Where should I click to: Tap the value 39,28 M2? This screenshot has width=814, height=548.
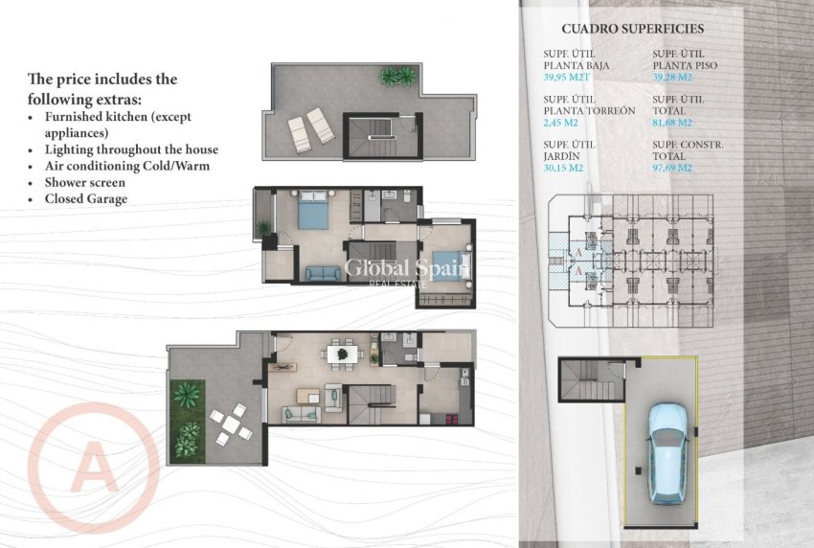pos(674,77)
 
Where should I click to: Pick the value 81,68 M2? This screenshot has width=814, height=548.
pos(672,123)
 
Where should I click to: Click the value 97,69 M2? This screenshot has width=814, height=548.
pos(672,168)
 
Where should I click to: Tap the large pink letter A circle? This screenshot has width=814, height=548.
pos(95,468)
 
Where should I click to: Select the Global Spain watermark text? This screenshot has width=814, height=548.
pos(407,269)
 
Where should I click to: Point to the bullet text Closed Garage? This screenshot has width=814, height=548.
pos(85,198)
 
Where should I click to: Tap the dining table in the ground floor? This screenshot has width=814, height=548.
pos(340,355)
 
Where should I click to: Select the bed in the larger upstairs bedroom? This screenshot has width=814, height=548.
pos(313,211)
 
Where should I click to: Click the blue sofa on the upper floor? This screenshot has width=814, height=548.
pos(323,273)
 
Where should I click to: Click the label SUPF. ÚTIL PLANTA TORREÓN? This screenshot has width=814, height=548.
pos(589,104)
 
